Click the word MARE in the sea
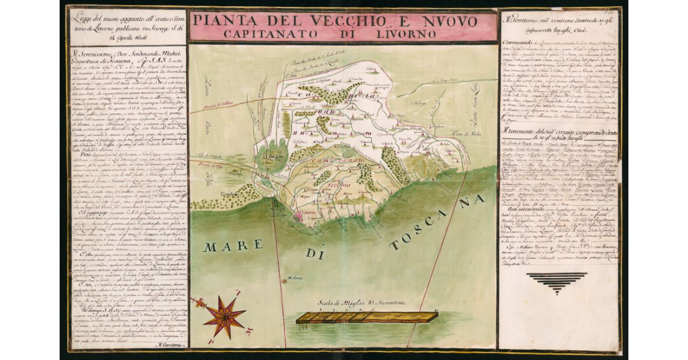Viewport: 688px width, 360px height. pyautogui.click(x=228, y=247)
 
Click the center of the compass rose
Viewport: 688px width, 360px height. pyautogui.click(x=224, y=316)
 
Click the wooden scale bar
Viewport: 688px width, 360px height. pyautogui.click(x=366, y=317)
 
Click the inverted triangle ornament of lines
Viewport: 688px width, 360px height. pyautogui.click(x=556, y=283)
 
